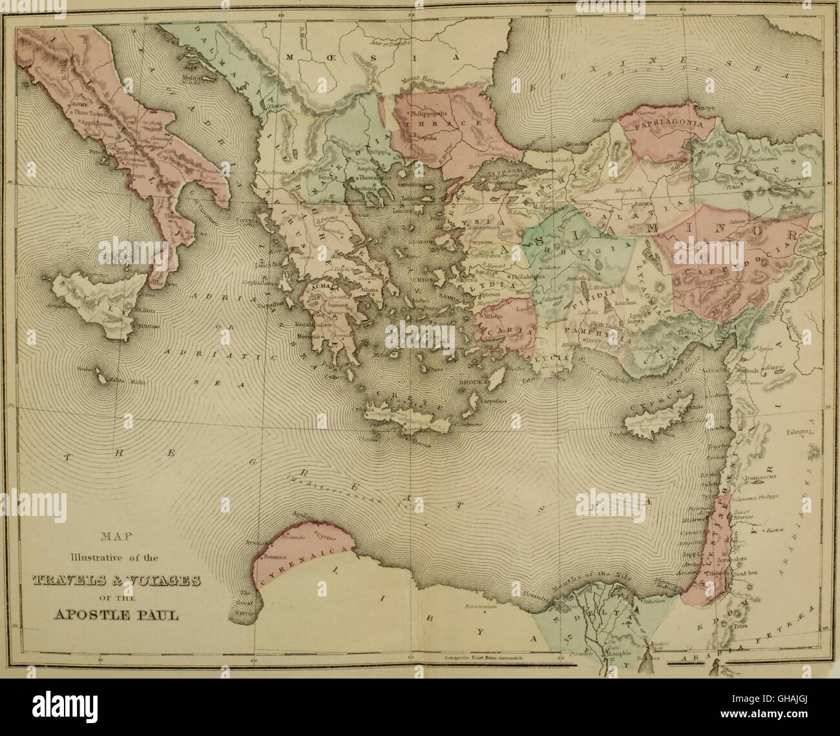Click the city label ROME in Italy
pyautogui.click(x=85, y=103)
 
